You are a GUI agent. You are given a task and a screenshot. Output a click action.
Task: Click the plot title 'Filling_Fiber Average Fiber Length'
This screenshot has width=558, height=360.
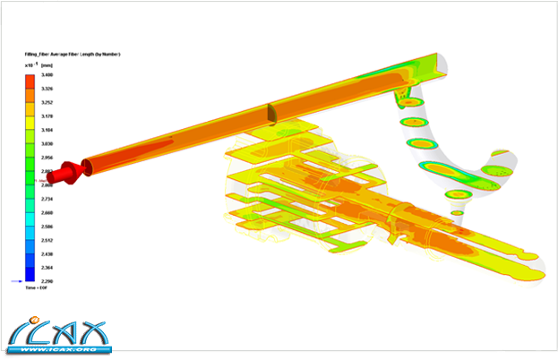72,55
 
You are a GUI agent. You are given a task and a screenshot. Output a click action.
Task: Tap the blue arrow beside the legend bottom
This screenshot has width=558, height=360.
16,281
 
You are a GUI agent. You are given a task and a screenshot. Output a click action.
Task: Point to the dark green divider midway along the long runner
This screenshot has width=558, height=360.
269,113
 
